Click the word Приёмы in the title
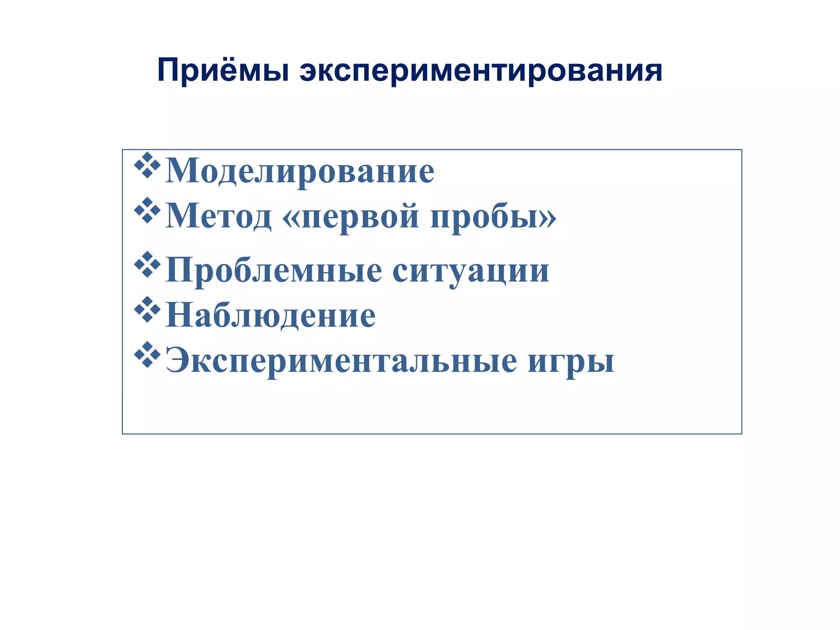pos(224,71)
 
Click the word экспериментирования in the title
pos(481,71)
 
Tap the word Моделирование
pos(300,171)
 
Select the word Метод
pos(218,216)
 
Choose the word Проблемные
pos(274,270)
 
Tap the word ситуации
pos(471,271)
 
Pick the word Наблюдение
pos(270,315)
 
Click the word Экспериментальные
pos(341,361)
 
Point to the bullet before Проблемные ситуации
pos(147,265)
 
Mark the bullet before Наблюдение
pos(147,310)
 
